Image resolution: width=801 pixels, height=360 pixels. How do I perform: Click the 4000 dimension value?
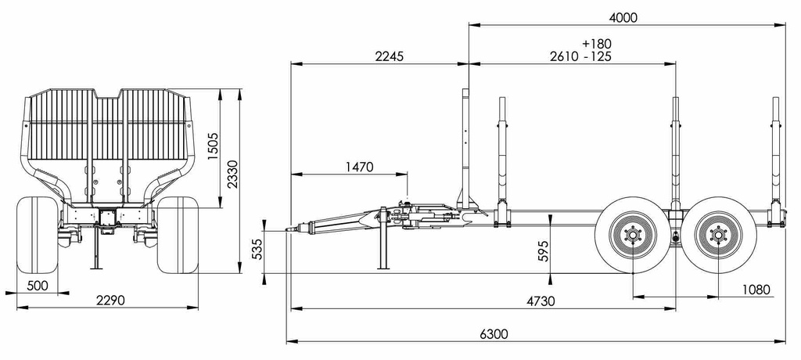(623, 17)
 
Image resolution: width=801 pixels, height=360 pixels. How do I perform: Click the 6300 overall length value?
(494, 334)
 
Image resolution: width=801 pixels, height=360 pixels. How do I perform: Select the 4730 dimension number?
(541, 301)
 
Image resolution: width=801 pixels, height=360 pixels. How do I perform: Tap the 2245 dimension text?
(390, 56)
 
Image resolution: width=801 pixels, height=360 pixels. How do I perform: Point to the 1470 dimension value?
(360, 167)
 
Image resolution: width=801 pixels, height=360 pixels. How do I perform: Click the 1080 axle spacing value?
(756, 290)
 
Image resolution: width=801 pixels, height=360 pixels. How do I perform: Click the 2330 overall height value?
(232, 175)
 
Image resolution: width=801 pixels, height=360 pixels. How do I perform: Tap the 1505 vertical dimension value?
(213, 147)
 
